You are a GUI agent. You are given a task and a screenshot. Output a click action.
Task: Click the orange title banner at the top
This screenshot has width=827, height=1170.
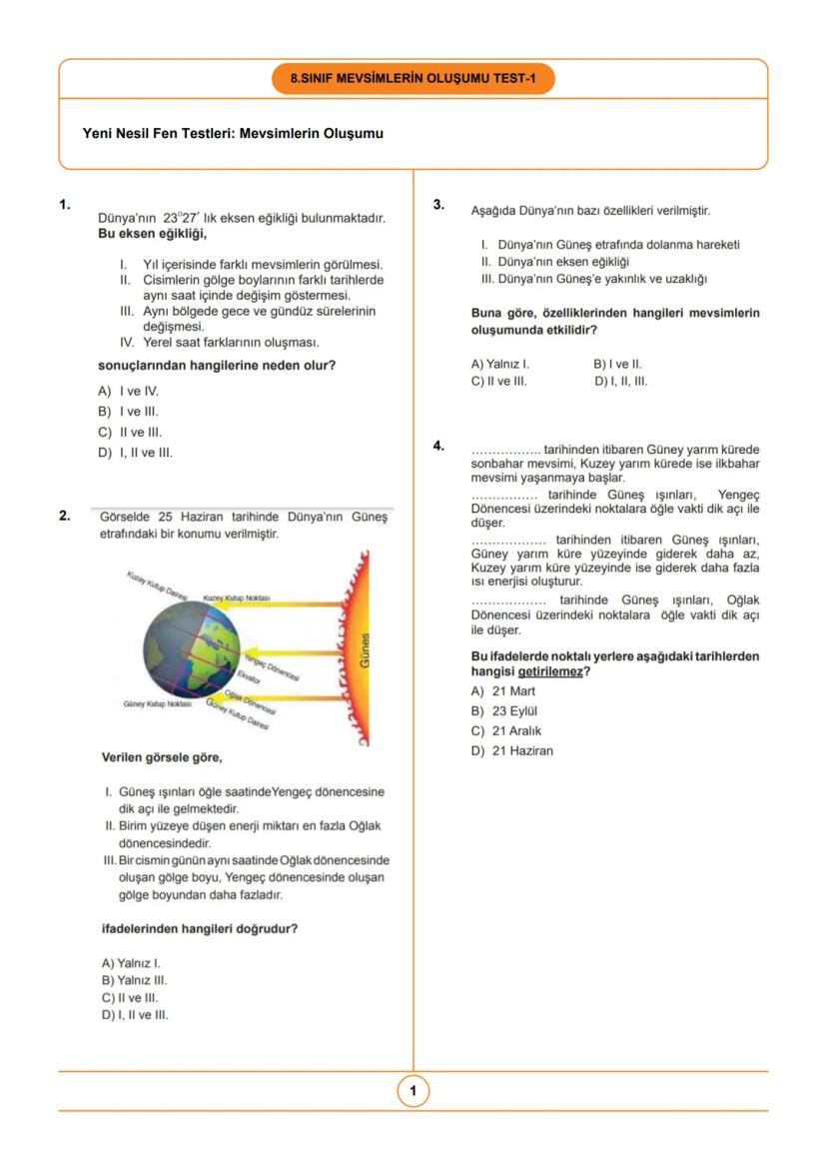[x=413, y=78]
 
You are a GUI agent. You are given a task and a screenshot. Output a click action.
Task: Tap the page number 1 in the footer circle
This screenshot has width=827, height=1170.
[x=413, y=1091]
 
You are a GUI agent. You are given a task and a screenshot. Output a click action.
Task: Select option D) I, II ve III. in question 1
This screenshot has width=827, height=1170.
[x=135, y=453]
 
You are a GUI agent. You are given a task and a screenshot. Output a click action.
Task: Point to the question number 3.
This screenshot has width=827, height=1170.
[x=438, y=205]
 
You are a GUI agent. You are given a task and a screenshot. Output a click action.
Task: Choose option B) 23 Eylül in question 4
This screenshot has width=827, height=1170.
[x=504, y=710]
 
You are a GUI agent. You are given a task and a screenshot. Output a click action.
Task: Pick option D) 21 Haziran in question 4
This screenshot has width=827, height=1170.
[x=511, y=750]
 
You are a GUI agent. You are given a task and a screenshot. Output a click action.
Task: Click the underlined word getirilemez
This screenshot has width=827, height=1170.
[x=550, y=671]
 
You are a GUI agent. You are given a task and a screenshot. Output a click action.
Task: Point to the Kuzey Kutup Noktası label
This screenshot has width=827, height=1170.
[x=236, y=597]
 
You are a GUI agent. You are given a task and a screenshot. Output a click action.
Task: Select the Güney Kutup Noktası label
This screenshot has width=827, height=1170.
[x=157, y=703]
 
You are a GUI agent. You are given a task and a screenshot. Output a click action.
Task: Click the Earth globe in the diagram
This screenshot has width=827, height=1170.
[x=192, y=649]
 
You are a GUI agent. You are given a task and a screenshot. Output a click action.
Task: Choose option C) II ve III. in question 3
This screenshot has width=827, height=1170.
[x=498, y=381]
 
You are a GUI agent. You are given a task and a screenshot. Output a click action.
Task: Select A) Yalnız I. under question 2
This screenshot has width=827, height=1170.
[x=131, y=963]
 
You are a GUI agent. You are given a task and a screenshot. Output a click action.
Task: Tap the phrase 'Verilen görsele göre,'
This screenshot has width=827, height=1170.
[x=162, y=756]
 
